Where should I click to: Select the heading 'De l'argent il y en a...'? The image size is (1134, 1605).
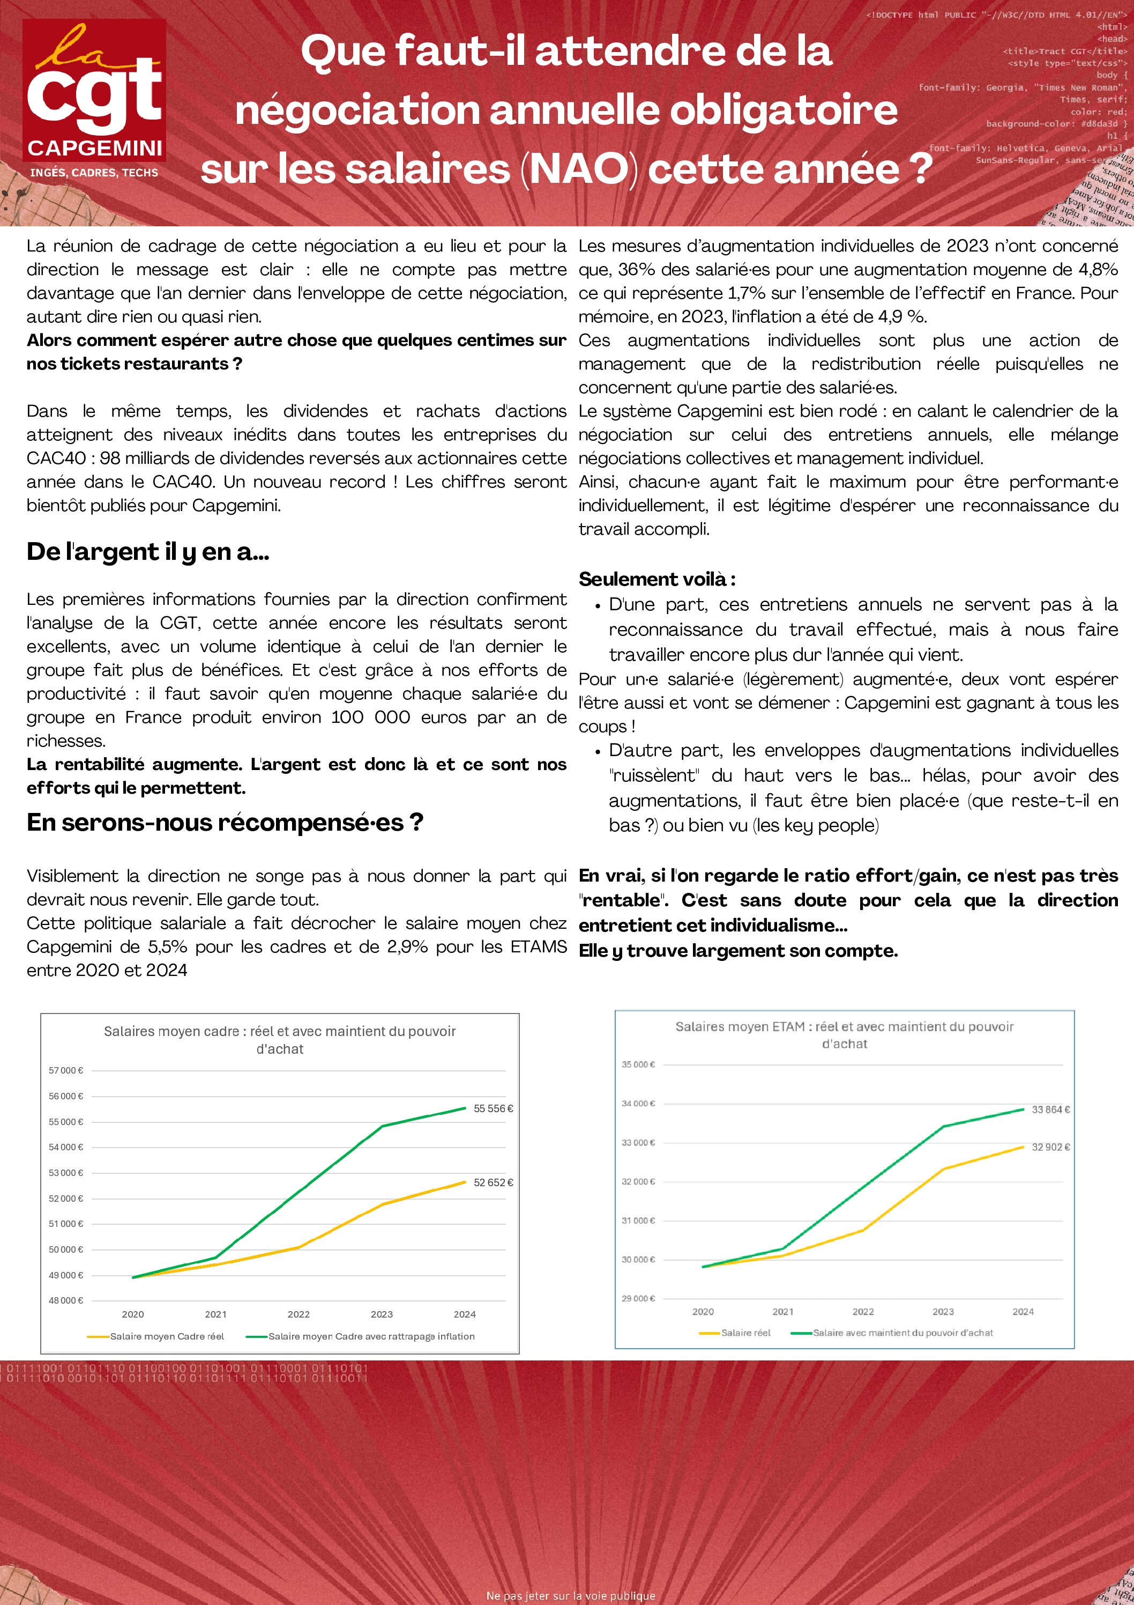pos(148,552)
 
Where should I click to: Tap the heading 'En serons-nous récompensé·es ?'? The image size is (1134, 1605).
pos(225,822)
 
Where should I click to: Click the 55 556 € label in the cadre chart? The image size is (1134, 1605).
pos(493,1108)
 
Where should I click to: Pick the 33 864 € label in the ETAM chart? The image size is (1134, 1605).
pos(1051,1110)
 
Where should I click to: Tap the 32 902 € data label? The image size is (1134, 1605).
pos(1051,1147)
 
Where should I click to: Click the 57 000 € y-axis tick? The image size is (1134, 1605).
pos(66,1070)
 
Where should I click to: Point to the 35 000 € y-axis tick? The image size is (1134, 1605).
pos(639,1064)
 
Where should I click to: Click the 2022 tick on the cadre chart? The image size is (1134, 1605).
pos(299,1314)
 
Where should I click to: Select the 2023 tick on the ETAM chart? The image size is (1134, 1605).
pos(943,1312)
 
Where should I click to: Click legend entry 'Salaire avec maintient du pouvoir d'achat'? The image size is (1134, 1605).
pos(902,1333)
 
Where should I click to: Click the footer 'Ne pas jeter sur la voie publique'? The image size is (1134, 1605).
pos(571,1595)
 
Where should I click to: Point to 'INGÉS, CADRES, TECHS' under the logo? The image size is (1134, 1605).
pos(94,173)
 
